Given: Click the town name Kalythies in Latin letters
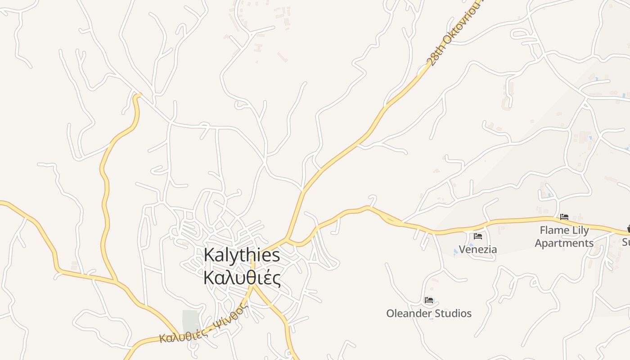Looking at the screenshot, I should pyautogui.click(x=242, y=255).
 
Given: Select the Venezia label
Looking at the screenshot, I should pyautogui.click(x=478, y=249).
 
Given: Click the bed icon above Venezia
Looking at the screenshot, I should pyautogui.click(x=478, y=236).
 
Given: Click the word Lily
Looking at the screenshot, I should pyautogui.click(x=581, y=230).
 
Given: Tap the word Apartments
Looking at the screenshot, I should pyautogui.click(x=564, y=243).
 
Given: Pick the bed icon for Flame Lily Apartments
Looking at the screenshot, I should pyautogui.click(x=564, y=217).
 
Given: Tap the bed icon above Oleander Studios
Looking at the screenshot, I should pyautogui.click(x=429, y=300).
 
